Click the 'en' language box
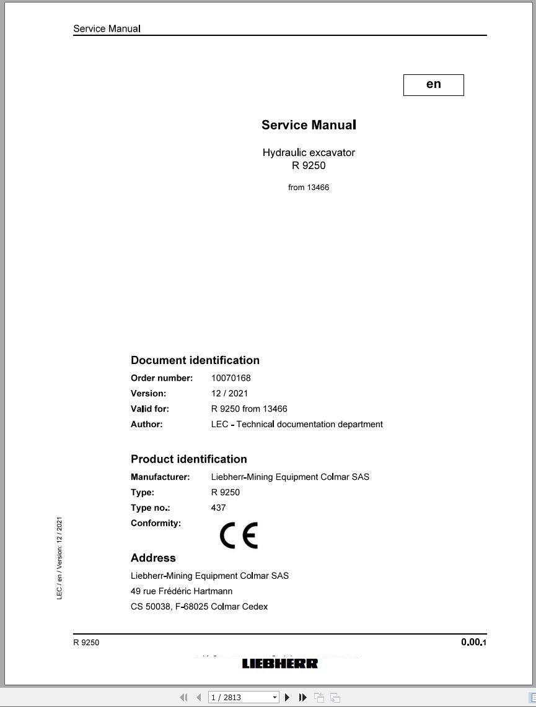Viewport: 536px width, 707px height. (x=433, y=85)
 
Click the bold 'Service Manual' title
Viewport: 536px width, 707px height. (x=309, y=125)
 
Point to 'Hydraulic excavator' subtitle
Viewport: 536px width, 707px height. (x=309, y=152)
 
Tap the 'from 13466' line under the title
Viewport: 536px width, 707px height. (x=309, y=188)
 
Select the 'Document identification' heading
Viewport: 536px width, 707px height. (x=195, y=360)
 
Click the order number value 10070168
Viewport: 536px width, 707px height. (x=231, y=378)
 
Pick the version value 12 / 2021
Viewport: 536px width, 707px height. (x=229, y=393)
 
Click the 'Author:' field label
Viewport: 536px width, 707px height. (x=147, y=424)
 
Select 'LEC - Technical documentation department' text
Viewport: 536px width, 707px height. (x=297, y=424)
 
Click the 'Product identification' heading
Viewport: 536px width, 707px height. (x=189, y=459)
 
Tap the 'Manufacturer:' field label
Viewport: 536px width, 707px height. (x=160, y=477)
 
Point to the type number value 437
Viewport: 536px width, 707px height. (x=218, y=508)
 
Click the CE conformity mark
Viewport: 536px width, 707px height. (x=239, y=536)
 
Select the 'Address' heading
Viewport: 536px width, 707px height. (x=153, y=558)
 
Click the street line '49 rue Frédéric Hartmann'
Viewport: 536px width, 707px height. (x=182, y=591)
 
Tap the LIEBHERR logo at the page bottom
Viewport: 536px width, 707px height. (x=279, y=664)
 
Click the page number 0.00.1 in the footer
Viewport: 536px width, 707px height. (x=473, y=642)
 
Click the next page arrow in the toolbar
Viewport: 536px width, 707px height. (x=287, y=697)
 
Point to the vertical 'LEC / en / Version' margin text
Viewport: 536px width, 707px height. (x=59, y=558)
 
